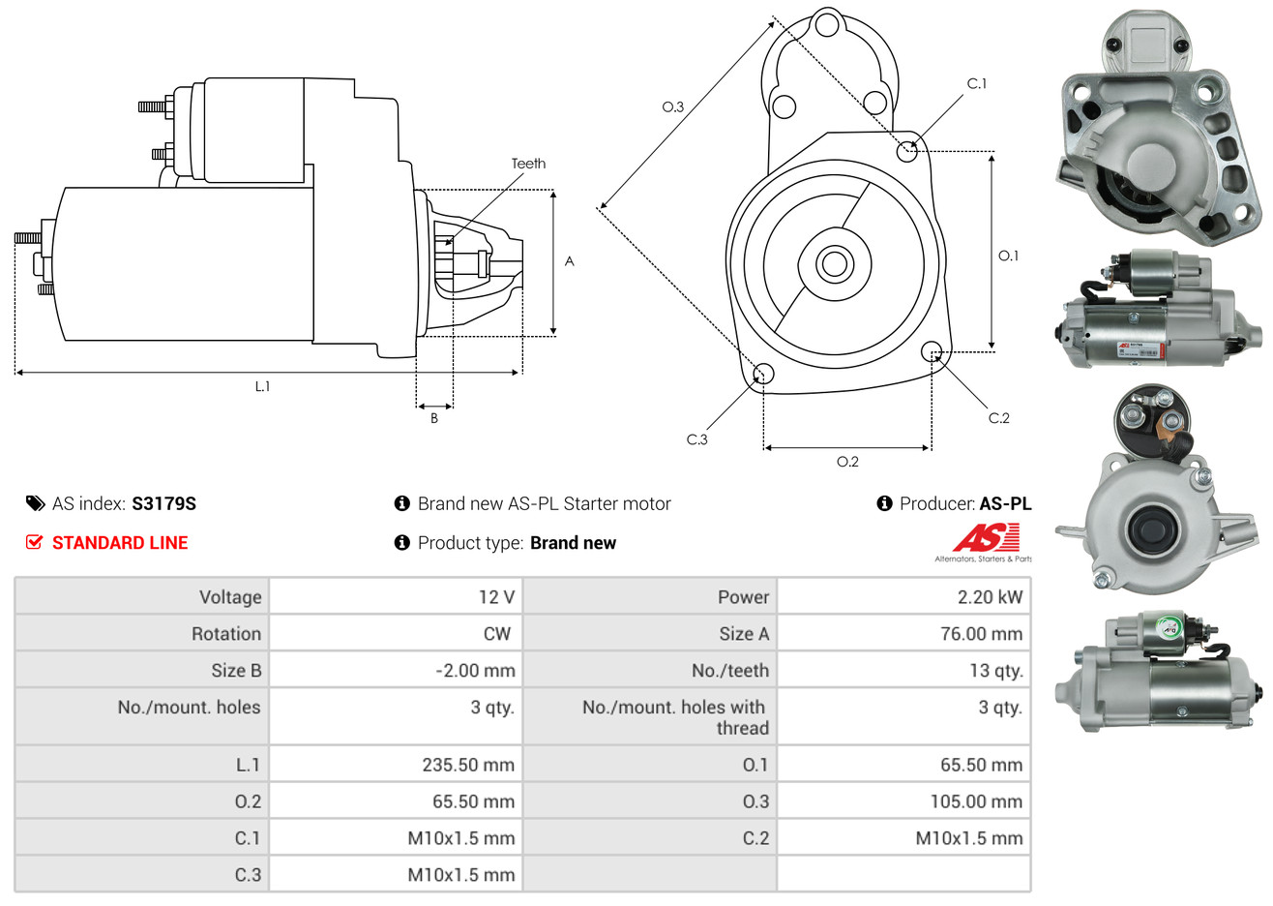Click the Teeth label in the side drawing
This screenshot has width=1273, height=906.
click(528, 164)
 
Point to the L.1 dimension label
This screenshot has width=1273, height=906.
click(262, 386)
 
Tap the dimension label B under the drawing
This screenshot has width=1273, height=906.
click(434, 418)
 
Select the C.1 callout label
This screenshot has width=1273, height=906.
click(977, 84)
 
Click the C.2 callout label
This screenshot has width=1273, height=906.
click(998, 418)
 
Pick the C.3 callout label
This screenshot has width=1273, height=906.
click(696, 439)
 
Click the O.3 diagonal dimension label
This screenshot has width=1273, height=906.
click(672, 107)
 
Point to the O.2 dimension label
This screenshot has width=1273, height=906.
click(847, 462)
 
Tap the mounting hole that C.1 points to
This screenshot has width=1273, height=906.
click(907, 151)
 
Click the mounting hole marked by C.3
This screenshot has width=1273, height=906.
click(762, 375)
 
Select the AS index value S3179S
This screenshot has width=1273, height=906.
click(163, 503)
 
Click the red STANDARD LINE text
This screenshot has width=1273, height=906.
click(120, 543)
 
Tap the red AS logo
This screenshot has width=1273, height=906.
click(986, 538)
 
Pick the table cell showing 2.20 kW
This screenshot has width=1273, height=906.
click(990, 597)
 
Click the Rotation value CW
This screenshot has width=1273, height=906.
click(496, 634)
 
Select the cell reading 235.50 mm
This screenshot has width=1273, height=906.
click(468, 765)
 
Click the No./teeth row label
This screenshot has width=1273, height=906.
click(730, 671)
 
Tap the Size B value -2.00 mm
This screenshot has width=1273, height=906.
click(475, 671)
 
